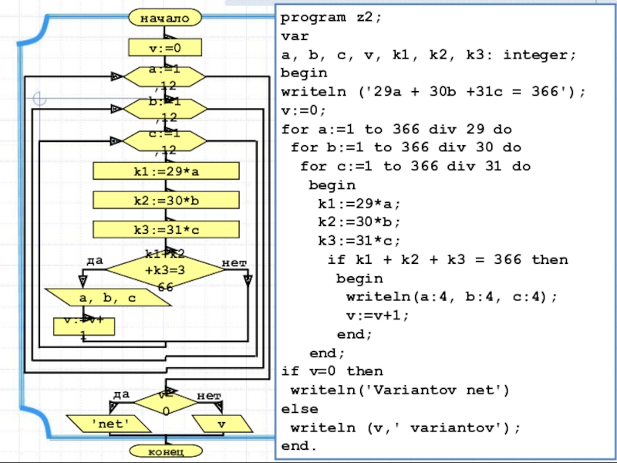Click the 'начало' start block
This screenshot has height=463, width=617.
[x=166, y=17]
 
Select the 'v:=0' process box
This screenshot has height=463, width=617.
[x=166, y=49]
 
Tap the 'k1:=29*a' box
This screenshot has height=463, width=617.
[x=166, y=171]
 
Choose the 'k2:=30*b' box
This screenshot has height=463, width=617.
[x=166, y=200]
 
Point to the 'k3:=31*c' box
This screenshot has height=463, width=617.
[x=166, y=229]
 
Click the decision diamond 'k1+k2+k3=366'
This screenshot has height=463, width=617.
[x=165, y=269]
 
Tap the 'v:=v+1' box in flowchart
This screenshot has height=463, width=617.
[x=84, y=325]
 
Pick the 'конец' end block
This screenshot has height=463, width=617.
[x=165, y=450]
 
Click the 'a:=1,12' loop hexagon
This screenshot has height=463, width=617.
[x=165, y=76]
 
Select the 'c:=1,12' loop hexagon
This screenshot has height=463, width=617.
[x=165, y=140]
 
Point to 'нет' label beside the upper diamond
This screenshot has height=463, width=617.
[x=234, y=263]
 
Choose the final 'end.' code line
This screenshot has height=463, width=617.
[x=299, y=446]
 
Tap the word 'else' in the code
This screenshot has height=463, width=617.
[x=299, y=408]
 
